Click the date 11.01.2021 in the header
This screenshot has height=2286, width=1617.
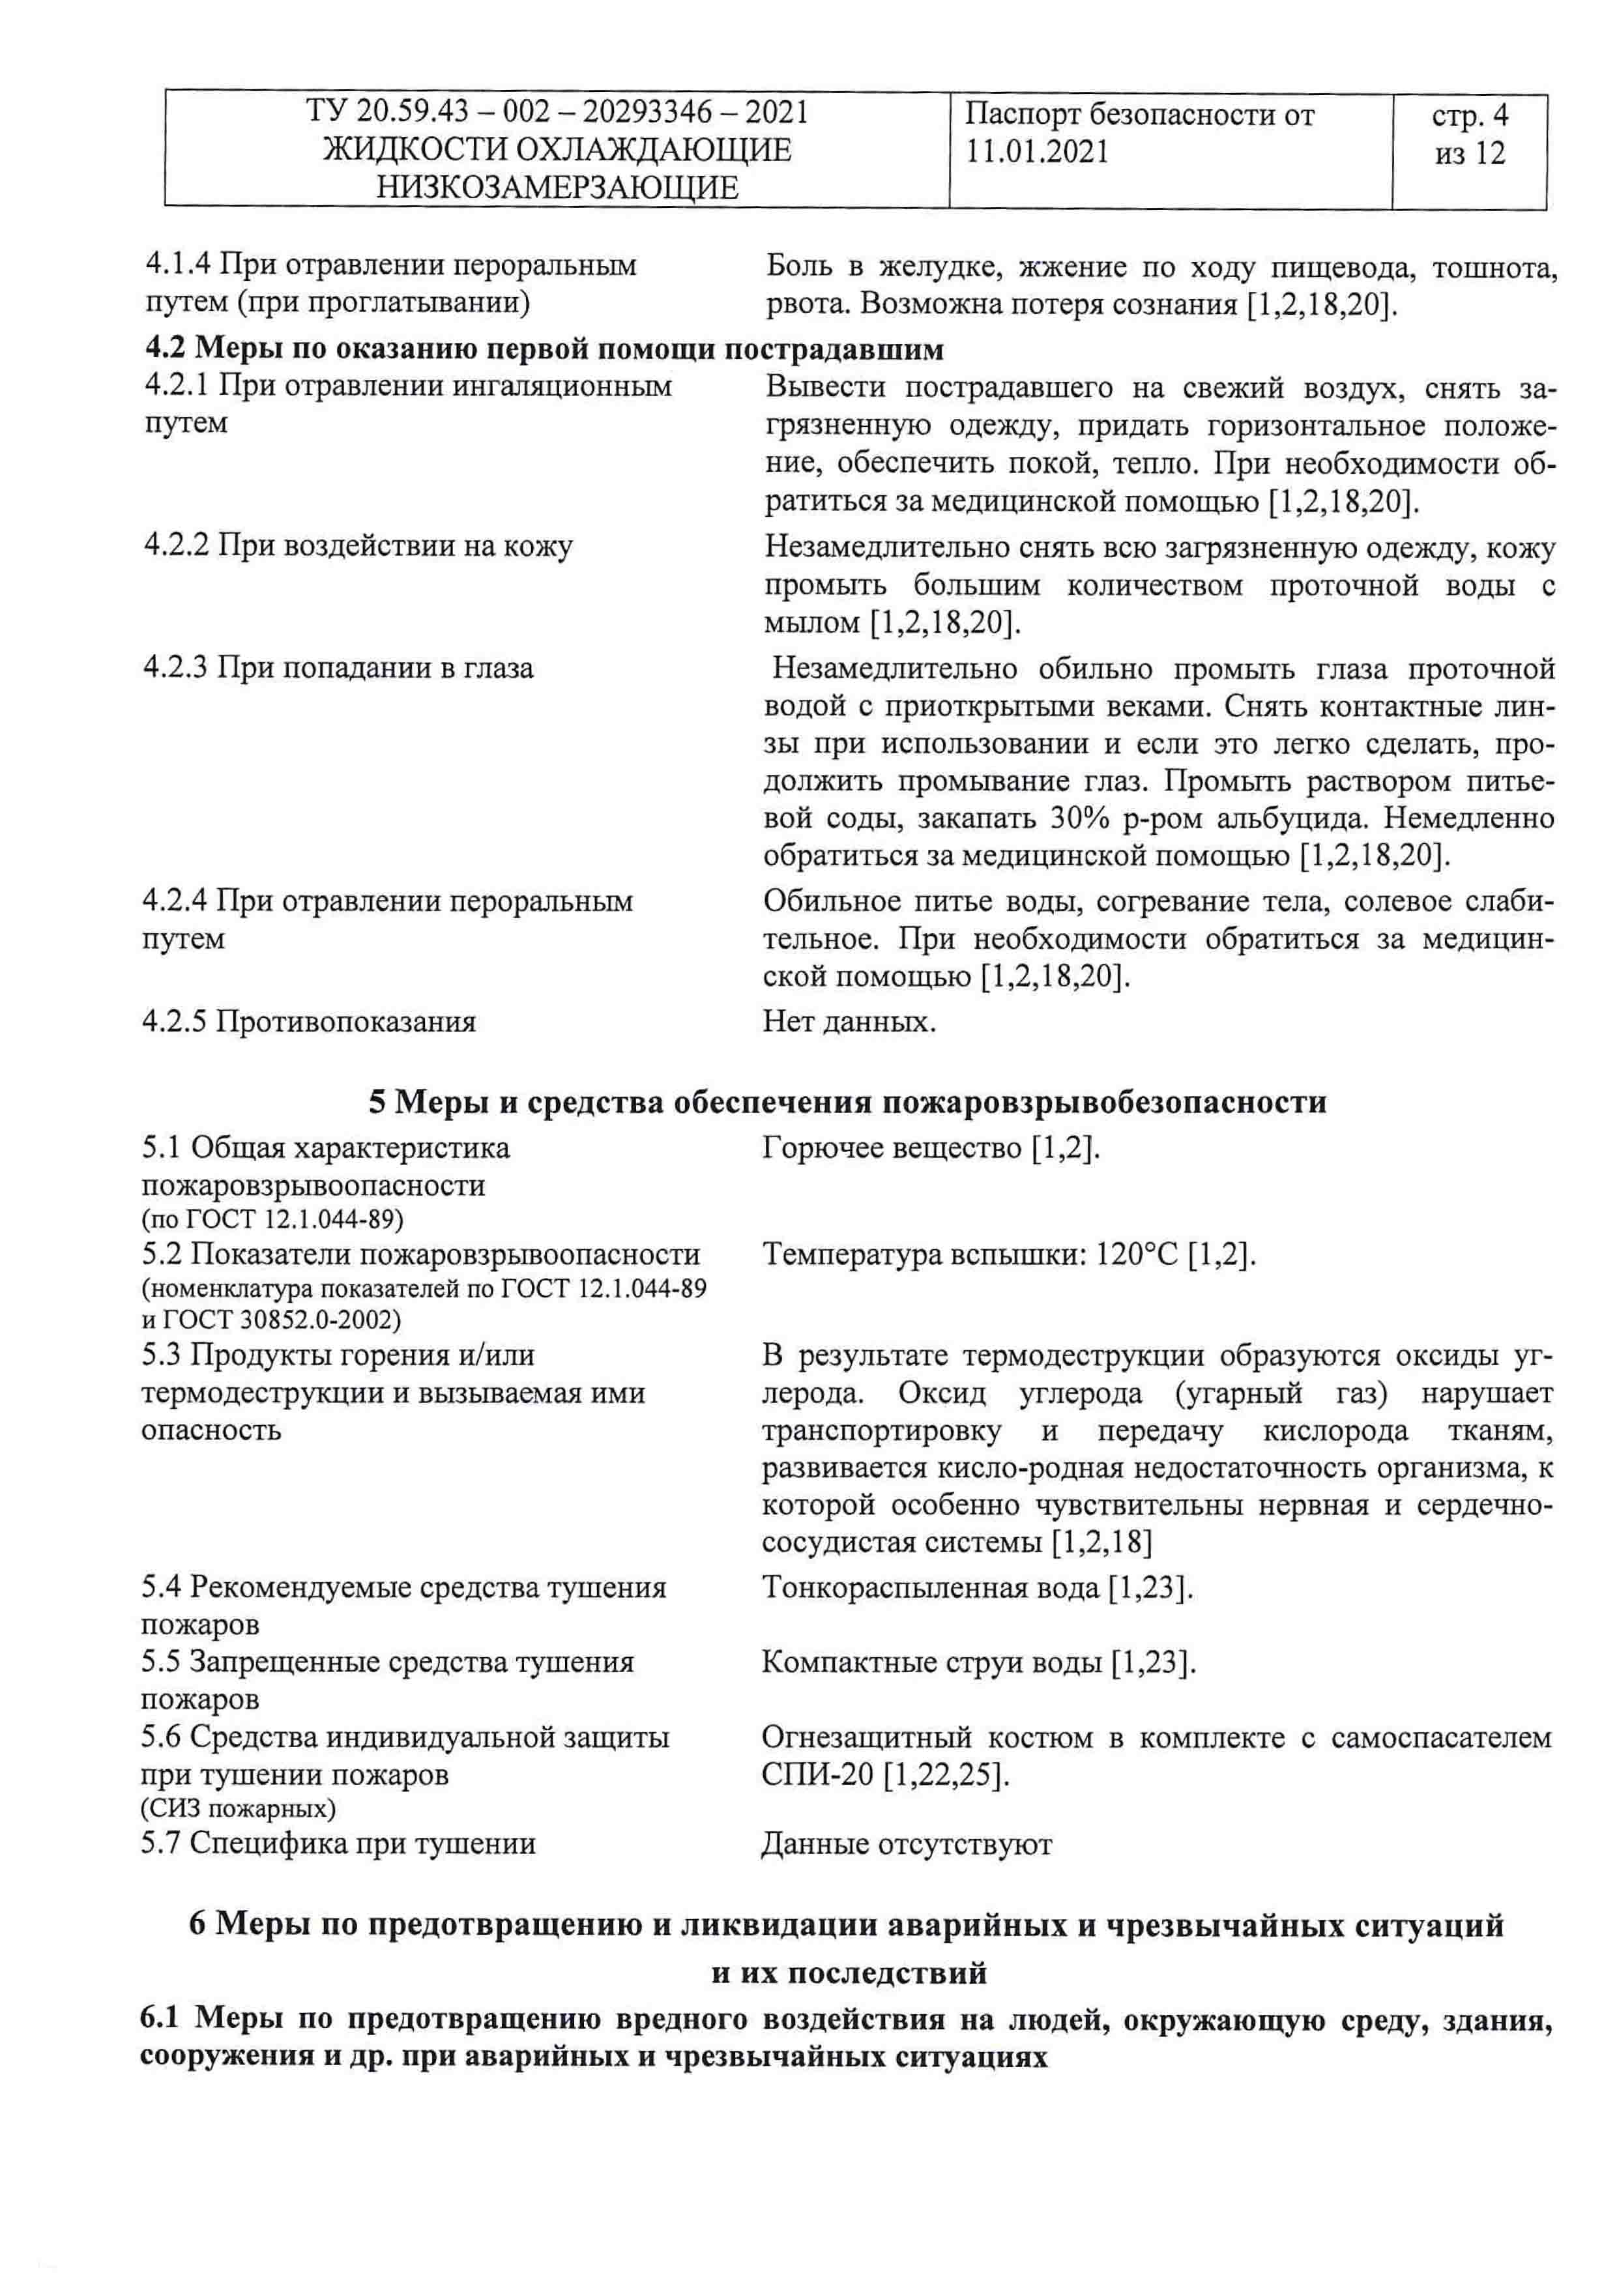pyautogui.click(x=1036, y=152)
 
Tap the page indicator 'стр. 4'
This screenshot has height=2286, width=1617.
pyautogui.click(x=1470, y=117)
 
